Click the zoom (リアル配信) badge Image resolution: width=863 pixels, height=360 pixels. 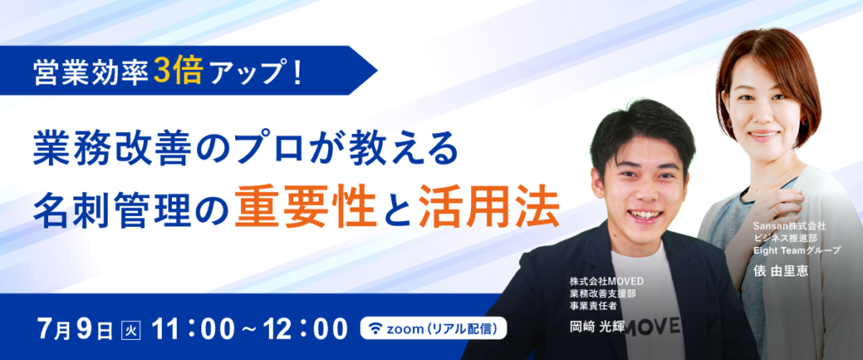434,329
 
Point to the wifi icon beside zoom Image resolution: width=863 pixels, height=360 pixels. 375,329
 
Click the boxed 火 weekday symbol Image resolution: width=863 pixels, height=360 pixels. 131,330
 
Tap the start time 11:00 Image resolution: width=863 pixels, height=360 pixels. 195,329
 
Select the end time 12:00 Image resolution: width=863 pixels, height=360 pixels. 305,329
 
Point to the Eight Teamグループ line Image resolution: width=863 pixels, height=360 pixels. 797,250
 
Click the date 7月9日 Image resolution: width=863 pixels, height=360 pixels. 75,329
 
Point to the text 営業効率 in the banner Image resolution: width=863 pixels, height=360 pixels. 91,72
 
